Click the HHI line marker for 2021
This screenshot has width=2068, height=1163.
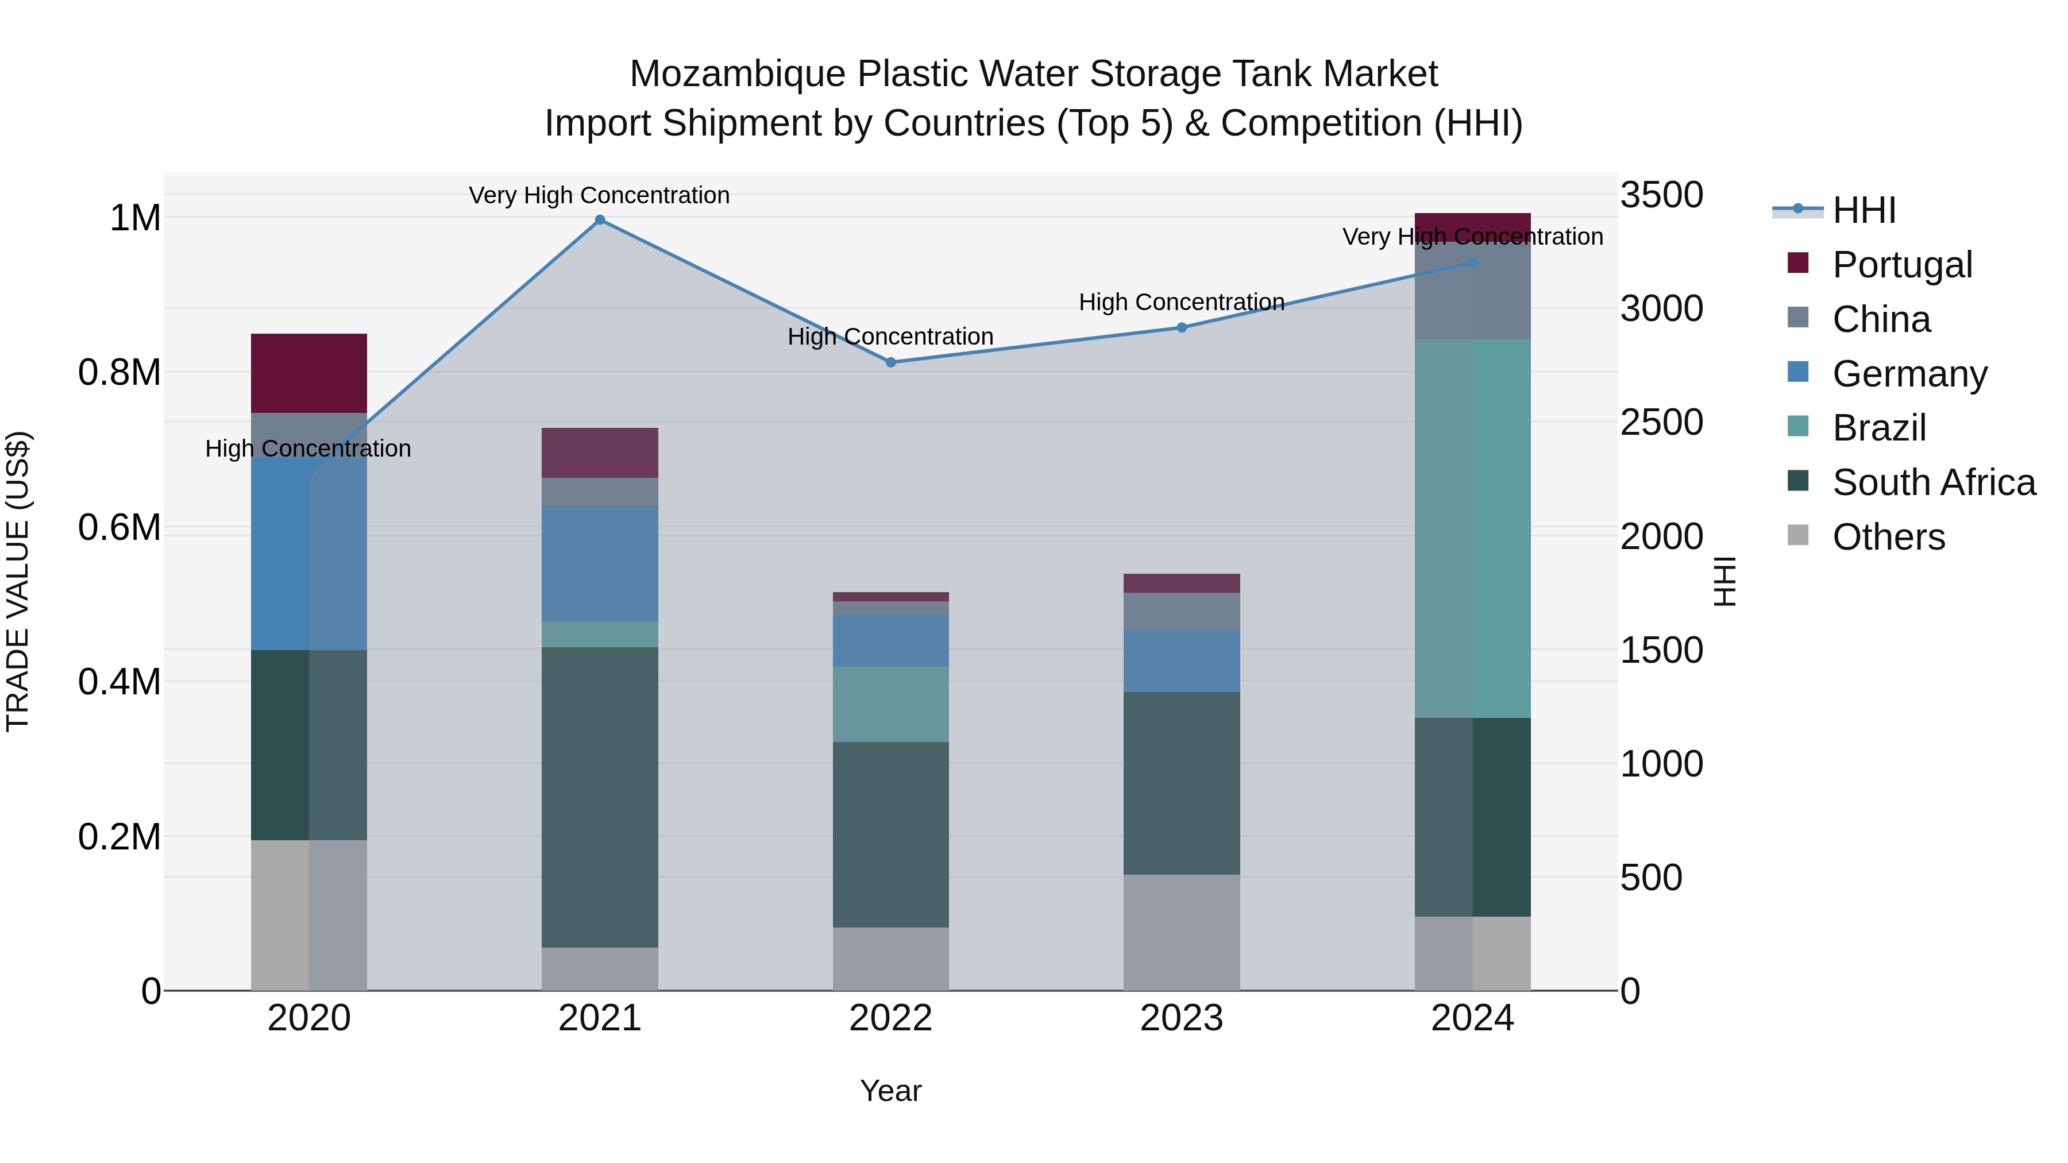click(600, 220)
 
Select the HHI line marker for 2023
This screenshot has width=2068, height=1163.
click(1181, 327)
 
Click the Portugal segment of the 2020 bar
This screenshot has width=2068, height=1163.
click(309, 373)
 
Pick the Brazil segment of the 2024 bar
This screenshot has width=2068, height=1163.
click(1472, 528)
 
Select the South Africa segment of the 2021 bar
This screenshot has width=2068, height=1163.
click(600, 797)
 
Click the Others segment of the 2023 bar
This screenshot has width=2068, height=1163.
click(1181, 932)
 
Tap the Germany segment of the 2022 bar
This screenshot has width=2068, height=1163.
click(890, 640)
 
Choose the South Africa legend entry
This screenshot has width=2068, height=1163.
click(1933, 482)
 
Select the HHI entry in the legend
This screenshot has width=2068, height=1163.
click(1863, 210)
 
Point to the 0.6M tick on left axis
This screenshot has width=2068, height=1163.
click(119, 527)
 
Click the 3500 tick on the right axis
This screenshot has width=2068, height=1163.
click(1661, 195)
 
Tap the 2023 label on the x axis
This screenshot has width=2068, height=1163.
click(1181, 1018)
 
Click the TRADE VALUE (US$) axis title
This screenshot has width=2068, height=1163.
click(18, 581)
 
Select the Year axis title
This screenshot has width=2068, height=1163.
click(890, 1091)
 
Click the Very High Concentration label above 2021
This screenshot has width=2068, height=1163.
click(599, 195)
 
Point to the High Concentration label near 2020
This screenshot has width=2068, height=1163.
click(308, 448)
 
